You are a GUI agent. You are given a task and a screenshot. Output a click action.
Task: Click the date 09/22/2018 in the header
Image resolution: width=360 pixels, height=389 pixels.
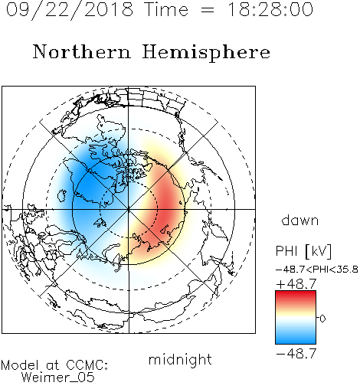(x=70, y=10)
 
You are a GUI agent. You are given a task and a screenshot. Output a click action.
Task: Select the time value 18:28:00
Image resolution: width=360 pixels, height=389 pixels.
(x=270, y=9)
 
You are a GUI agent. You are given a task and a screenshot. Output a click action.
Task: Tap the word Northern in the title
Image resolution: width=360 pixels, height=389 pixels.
(x=82, y=51)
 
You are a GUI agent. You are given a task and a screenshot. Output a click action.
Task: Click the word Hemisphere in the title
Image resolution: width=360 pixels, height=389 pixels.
(x=206, y=53)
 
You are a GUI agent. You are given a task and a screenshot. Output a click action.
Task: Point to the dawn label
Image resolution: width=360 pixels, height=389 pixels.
(x=300, y=220)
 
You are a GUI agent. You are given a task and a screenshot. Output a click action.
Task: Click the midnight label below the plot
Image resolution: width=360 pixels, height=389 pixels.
(x=180, y=359)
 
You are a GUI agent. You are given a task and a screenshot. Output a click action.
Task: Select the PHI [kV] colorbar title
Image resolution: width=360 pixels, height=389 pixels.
(x=303, y=251)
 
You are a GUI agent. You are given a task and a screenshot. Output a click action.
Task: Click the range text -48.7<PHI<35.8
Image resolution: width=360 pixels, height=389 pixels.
(x=317, y=270)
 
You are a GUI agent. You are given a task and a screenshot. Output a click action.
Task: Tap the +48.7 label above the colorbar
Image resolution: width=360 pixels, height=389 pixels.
(x=296, y=284)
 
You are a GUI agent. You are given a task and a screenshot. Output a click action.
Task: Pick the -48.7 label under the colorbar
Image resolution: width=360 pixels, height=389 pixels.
(x=296, y=354)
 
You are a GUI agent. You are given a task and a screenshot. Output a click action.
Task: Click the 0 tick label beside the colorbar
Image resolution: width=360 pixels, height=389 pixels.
(x=322, y=319)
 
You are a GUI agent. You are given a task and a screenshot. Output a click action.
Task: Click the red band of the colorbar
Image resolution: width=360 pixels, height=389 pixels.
(x=296, y=297)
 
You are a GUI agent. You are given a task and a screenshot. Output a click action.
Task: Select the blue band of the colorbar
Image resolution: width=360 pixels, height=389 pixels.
(x=296, y=337)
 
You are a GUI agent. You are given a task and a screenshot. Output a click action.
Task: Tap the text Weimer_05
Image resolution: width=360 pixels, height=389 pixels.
(x=57, y=378)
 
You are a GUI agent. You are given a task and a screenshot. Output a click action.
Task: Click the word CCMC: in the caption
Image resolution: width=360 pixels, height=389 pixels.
(x=87, y=365)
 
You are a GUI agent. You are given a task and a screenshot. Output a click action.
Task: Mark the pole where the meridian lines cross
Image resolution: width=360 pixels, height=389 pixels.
(x=129, y=209)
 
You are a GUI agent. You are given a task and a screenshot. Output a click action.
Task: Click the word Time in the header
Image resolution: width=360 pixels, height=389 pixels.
(x=166, y=9)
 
